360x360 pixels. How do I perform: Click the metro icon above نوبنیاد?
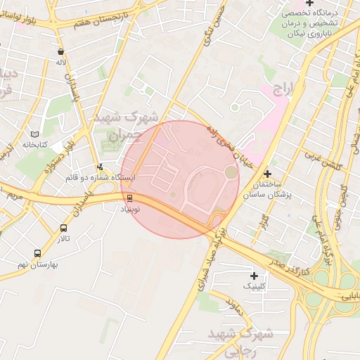click(x=129, y=199)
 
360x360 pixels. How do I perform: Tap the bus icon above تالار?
click(x=64, y=229)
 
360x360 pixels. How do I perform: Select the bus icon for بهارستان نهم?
click(x=37, y=253)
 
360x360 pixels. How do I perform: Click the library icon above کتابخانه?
click(x=36, y=134)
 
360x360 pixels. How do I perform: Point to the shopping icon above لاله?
click(x=61, y=51)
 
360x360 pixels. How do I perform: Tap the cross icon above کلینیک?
click(x=254, y=276)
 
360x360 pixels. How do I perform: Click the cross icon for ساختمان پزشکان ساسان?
click(x=267, y=174)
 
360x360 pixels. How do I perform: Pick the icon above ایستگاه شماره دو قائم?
click(x=101, y=167)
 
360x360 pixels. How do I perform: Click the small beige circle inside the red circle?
click(x=231, y=172)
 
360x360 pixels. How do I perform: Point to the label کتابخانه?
click(x=33, y=144)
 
